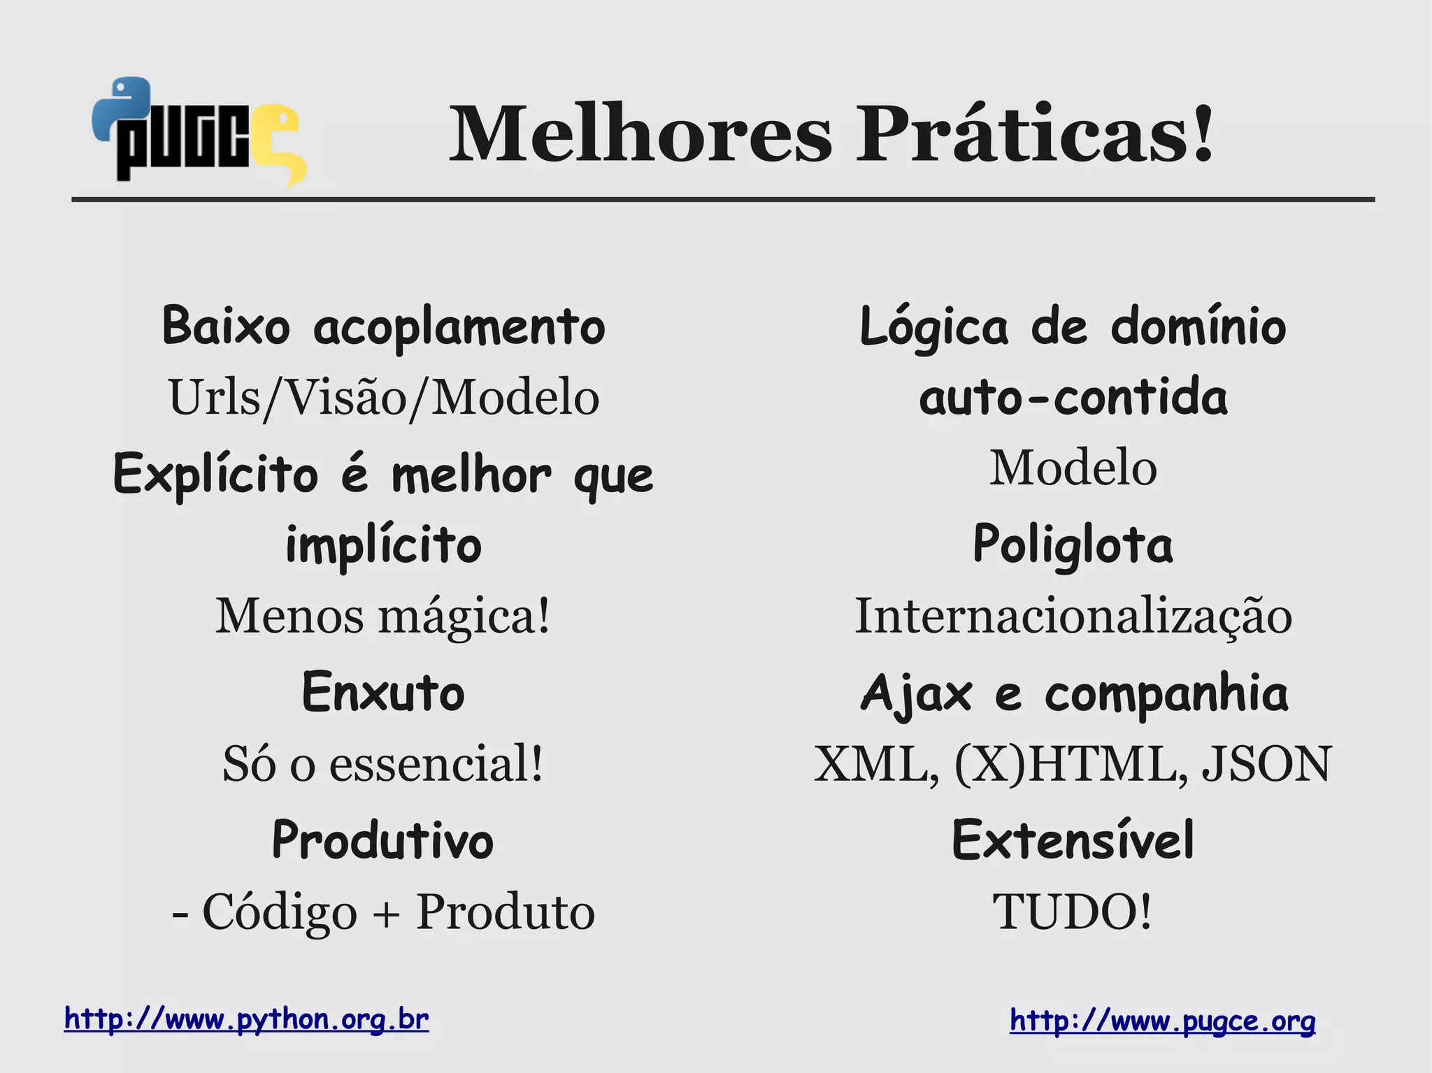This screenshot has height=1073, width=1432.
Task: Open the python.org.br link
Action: [246, 1019]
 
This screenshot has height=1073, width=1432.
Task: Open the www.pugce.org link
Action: [1162, 1021]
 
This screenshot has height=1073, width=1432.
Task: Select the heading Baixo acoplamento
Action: [383, 326]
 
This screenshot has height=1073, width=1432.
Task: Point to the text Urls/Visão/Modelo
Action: [383, 397]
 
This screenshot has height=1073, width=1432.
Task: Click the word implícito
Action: [383, 545]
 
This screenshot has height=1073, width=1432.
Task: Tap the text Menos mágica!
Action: [383, 617]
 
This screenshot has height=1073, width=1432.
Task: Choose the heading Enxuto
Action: [383, 692]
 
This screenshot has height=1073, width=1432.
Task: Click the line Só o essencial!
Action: [383, 763]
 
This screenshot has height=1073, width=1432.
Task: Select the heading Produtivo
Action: [383, 840]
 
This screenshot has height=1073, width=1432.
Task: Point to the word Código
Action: [280, 912]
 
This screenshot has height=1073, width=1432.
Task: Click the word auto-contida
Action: [1073, 397]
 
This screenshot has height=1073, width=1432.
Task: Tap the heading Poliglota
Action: [1073, 545]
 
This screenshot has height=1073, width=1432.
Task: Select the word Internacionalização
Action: [1073, 617]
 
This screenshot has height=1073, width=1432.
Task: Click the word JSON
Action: [1266, 763]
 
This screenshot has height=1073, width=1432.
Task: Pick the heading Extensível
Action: [1073, 840]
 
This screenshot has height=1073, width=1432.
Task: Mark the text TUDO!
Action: [1073, 912]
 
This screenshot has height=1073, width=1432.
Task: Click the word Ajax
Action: [916, 693]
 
